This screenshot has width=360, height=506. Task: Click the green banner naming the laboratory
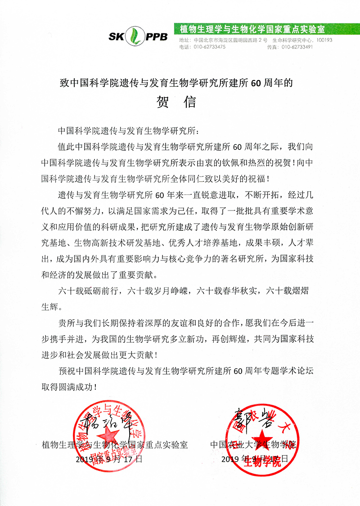(252, 30)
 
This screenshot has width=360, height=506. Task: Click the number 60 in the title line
(256, 83)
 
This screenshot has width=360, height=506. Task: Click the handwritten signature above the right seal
(252, 418)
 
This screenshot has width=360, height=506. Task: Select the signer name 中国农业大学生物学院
(254, 445)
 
